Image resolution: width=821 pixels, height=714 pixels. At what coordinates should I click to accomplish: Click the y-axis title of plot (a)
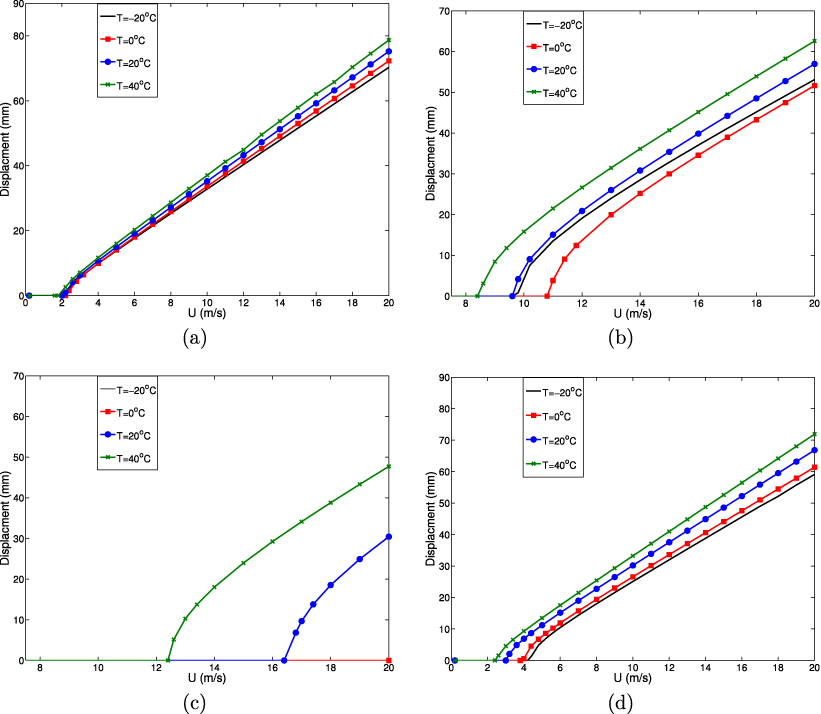click(7, 150)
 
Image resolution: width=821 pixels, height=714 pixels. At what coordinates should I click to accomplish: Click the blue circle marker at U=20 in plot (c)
click(388, 537)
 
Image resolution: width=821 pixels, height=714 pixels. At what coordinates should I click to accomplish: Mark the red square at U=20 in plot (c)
click(388, 661)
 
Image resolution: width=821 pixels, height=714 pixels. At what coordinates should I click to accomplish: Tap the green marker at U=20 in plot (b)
click(815, 41)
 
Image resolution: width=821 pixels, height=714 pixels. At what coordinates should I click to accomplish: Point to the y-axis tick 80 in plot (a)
click(17, 35)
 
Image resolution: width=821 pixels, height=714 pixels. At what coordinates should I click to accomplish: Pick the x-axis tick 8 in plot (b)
click(465, 307)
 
